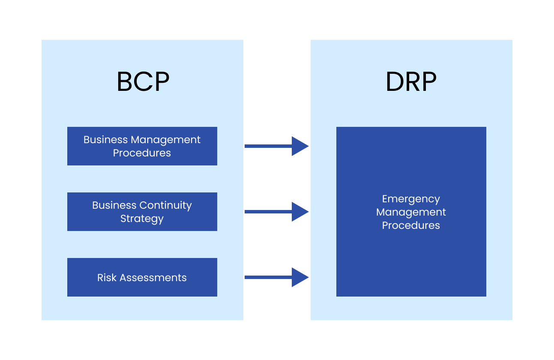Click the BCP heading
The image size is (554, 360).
(x=143, y=82)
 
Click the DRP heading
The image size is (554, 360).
(x=411, y=82)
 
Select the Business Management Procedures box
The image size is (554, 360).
(x=142, y=146)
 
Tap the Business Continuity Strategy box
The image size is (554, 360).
(x=142, y=212)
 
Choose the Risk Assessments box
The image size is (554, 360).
(x=142, y=277)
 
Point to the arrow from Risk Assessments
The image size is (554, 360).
(x=276, y=277)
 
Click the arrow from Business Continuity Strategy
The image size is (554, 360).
(x=276, y=212)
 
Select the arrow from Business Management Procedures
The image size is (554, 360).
(x=276, y=146)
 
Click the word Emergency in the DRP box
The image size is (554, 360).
(x=411, y=199)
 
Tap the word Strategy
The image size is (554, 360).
(x=142, y=219)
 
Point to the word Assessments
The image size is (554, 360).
(x=153, y=278)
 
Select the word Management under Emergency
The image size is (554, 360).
(x=411, y=212)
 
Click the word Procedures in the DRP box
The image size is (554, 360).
(x=411, y=225)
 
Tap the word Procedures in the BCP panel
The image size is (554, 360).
(x=142, y=153)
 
